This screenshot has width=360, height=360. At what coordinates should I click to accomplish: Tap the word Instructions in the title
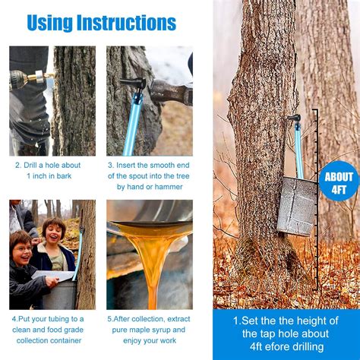130,22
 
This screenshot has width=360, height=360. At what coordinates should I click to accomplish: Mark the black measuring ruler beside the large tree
315,205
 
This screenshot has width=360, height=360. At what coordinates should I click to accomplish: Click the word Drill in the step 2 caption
35,164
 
